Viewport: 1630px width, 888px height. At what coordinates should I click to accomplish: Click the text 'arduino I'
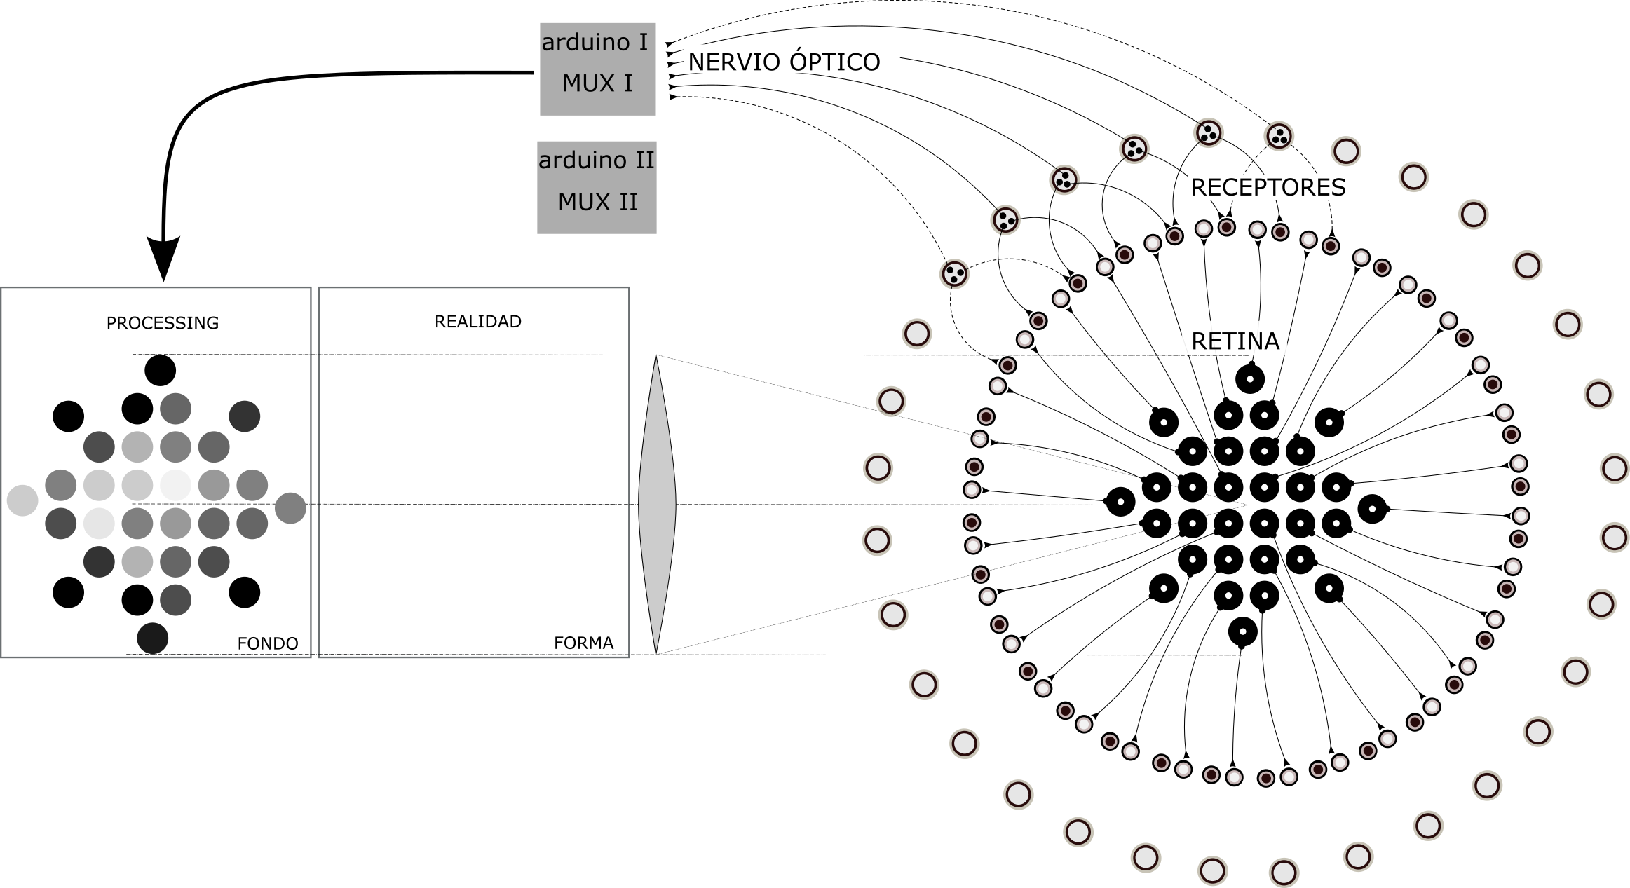[x=595, y=43]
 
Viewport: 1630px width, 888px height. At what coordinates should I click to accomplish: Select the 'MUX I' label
[x=597, y=84]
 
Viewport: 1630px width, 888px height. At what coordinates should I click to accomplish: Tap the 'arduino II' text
[x=596, y=160]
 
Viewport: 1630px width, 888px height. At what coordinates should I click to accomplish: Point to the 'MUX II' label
[x=597, y=203]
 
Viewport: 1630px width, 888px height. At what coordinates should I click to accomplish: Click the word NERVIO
[x=734, y=62]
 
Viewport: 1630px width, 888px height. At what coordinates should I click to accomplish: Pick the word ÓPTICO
[x=834, y=62]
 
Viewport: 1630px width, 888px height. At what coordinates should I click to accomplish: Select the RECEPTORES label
[x=1268, y=188]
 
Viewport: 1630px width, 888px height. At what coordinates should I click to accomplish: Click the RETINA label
[x=1235, y=341]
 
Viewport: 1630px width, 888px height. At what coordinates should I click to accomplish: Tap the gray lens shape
[x=656, y=505]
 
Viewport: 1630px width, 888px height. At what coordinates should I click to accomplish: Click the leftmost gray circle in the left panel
[x=22, y=500]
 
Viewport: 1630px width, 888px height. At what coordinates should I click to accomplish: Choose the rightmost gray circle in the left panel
[x=290, y=508]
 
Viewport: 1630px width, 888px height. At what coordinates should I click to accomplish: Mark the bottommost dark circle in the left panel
[x=153, y=638]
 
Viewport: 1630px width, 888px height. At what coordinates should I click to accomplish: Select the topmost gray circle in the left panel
[x=175, y=409]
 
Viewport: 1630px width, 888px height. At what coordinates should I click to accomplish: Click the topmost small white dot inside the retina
[x=1249, y=379]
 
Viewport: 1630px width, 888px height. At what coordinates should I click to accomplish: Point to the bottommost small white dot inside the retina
[x=1243, y=631]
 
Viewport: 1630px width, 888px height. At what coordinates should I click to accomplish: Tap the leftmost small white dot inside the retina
[x=1120, y=502]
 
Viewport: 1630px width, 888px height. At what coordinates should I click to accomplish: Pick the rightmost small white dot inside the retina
[x=1372, y=509]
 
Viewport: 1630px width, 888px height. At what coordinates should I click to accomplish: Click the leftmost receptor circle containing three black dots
[x=954, y=273]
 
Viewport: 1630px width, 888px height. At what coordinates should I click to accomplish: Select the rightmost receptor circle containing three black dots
[x=1279, y=136]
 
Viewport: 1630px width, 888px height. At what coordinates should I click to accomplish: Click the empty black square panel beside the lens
[x=474, y=472]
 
